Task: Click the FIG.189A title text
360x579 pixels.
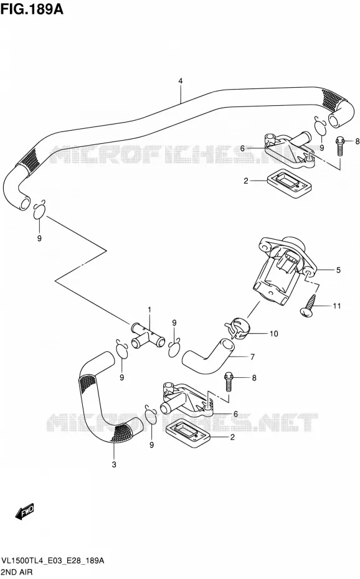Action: coord(32,9)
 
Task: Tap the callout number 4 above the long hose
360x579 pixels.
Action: coord(180,81)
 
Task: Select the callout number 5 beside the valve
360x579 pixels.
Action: coord(338,270)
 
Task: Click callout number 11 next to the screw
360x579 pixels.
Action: coord(337,306)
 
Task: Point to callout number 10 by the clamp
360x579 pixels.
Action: coord(273,334)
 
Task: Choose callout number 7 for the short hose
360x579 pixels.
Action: coord(252,357)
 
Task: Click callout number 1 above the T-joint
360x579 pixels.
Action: coord(149,309)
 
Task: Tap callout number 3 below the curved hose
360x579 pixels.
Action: coord(114,464)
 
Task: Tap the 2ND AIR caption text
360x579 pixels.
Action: coord(17,572)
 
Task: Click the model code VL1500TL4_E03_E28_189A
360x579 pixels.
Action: coord(53,561)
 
